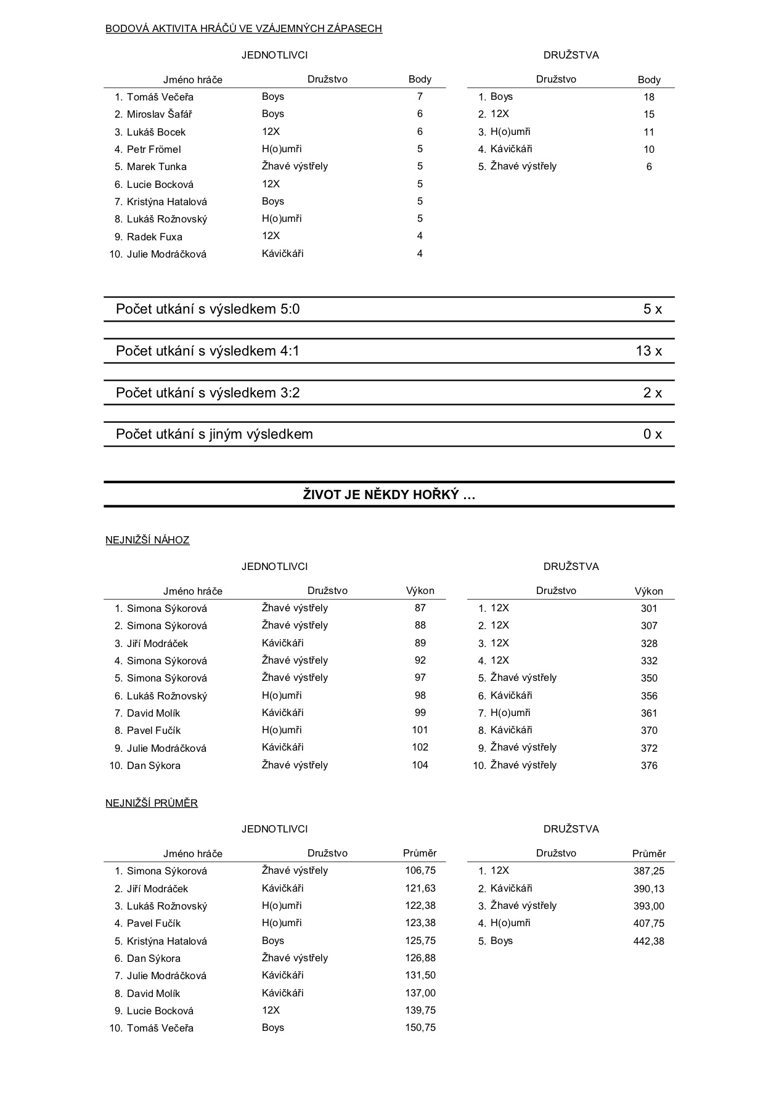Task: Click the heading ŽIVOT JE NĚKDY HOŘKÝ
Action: point(389,494)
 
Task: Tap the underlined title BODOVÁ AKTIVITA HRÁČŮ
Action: point(243,28)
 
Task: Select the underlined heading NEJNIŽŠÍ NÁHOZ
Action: point(147,540)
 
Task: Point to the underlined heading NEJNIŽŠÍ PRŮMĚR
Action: point(152,804)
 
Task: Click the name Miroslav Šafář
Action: point(159,114)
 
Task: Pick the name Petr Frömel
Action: point(153,149)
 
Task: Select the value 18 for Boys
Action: point(649,97)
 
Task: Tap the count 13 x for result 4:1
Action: point(649,351)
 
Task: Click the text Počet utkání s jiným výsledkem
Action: point(214,434)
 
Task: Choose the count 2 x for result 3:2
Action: point(653,393)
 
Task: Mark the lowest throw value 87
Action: point(420,608)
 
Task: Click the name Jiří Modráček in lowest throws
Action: point(157,643)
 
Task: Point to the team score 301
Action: point(649,608)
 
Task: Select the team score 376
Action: point(649,765)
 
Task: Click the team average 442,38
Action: point(649,941)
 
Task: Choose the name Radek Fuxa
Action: point(154,237)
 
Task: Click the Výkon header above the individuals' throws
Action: point(420,590)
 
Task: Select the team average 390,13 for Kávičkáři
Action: point(649,889)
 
